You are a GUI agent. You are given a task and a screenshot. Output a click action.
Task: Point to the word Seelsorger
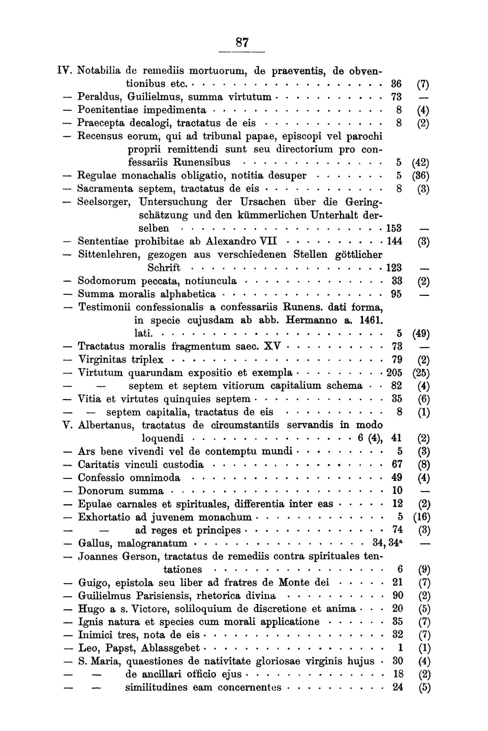pos(105,202)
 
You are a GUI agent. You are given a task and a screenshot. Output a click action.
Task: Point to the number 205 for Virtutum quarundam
pos(394,373)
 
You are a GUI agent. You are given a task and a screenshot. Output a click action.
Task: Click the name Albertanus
pos(108,425)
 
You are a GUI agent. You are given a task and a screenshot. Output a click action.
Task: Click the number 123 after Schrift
pos(394,268)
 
